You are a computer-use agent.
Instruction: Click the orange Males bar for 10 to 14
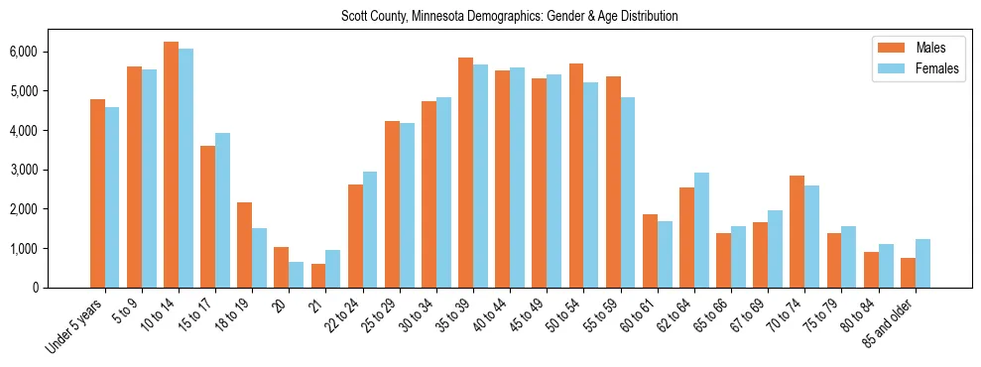tap(171, 165)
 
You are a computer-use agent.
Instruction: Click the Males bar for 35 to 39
tap(465, 173)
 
